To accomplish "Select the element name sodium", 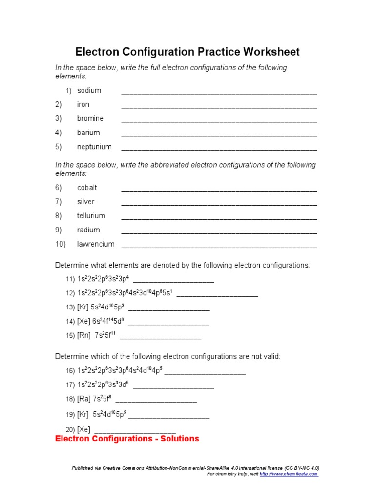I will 89,90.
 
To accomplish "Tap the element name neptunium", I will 94,147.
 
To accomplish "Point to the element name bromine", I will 90,118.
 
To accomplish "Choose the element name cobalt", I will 87,188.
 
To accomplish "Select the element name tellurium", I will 91,216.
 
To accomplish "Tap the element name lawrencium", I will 96,244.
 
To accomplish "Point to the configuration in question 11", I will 103,279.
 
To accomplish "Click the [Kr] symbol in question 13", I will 83,307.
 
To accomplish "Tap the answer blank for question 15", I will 160,337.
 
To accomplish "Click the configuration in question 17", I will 103,384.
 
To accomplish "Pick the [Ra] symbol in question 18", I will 83,399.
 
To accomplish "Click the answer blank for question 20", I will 135,431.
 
